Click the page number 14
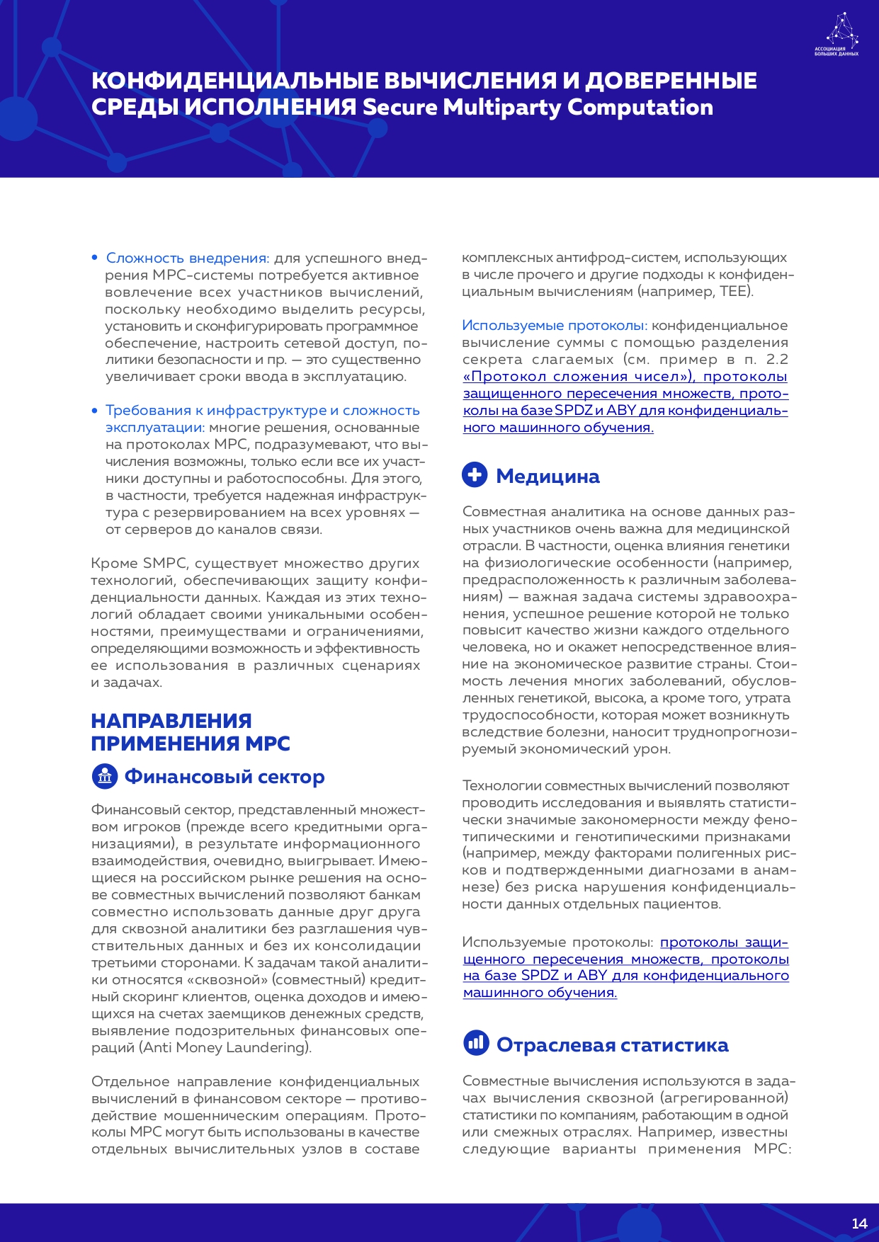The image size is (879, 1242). tap(859, 1223)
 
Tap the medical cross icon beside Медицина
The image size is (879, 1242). tap(475, 474)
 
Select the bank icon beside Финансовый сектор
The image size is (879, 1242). tap(105, 776)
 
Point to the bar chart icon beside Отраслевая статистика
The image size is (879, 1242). tap(476, 1042)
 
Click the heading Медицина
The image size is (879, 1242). tap(548, 477)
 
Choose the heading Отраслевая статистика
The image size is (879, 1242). tap(612, 1045)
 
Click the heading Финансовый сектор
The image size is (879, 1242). tap(225, 777)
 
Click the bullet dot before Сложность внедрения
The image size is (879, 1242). tap(94, 258)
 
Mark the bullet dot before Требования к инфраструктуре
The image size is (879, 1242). tap(94, 411)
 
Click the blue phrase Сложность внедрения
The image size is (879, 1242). tap(186, 258)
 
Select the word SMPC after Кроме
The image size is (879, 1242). tap(164, 564)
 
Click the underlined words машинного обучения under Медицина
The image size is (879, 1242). tap(539, 993)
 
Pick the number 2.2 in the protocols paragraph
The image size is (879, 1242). tap(777, 360)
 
